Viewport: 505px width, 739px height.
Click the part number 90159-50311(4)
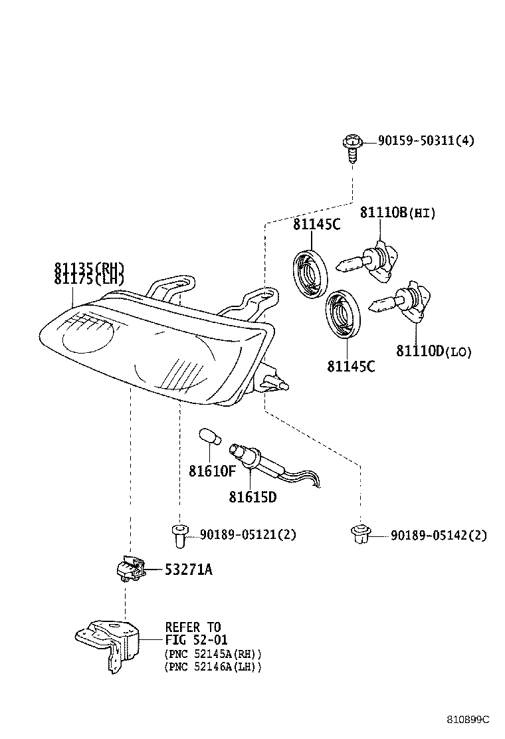click(426, 141)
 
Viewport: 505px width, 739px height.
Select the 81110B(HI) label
click(397, 213)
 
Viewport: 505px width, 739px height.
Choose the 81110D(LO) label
click(434, 352)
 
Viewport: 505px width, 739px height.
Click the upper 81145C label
click(316, 225)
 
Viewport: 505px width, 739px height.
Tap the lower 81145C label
click(350, 366)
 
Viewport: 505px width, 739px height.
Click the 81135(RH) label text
click(89, 268)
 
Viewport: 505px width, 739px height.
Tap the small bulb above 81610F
click(209, 439)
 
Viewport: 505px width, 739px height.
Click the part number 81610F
click(212, 471)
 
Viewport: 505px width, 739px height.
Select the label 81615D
click(252, 496)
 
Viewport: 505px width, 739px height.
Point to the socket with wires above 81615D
click(266, 463)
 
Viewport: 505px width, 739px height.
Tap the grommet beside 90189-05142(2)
click(360, 534)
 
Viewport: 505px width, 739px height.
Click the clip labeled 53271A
click(129, 568)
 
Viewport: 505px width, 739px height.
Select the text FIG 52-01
click(196, 641)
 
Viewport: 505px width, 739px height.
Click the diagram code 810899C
click(467, 720)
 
